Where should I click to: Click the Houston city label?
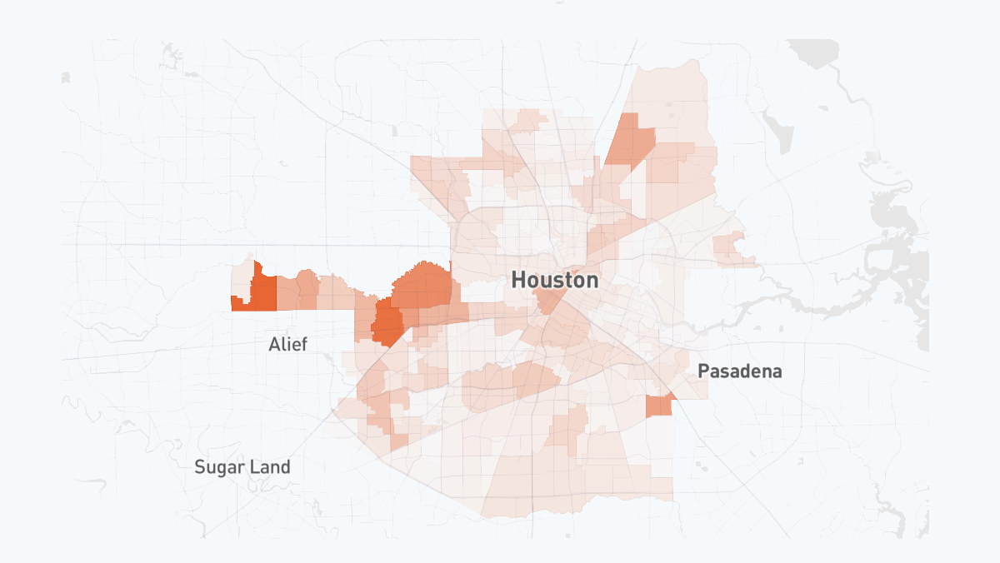click(x=554, y=280)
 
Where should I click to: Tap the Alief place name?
click(x=287, y=344)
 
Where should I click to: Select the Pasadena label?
click(x=740, y=371)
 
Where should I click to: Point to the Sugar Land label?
click(x=242, y=466)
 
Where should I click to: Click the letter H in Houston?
click(x=518, y=280)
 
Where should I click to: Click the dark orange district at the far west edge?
click(x=263, y=291)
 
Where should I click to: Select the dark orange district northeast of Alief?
click(x=387, y=322)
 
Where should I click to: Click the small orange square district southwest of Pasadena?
click(x=658, y=406)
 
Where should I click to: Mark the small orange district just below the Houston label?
click(x=549, y=300)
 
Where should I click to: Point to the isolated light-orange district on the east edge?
click(x=729, y=247)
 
